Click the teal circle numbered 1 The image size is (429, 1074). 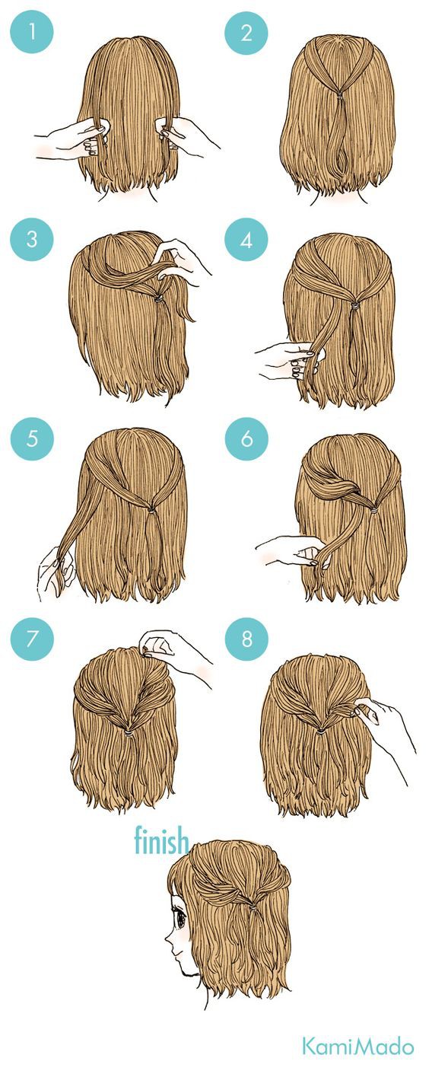(x=32, y=32)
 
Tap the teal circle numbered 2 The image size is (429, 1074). (x=246, y=32)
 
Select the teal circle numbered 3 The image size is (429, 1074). (x=32, y=238)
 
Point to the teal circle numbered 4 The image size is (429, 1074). (x=246, y=238)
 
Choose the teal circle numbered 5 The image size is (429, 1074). (x=32, y=438)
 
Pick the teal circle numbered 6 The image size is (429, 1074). (x=246, y=438)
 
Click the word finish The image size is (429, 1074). (x=161, y=840)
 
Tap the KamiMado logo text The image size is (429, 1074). (x=357, y=1046)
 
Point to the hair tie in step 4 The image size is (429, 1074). (x=354, y=305)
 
